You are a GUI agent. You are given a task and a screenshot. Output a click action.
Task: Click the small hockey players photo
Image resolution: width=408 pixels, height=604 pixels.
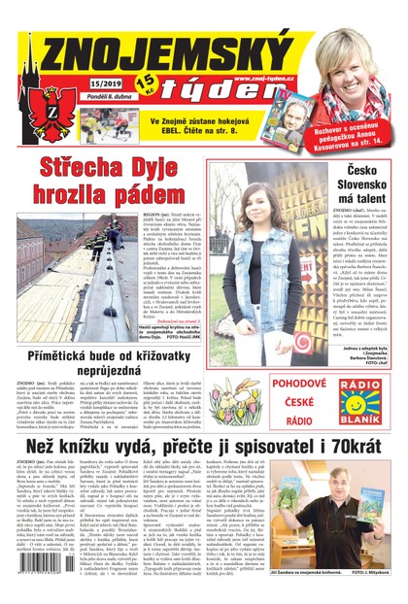(106, 123)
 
